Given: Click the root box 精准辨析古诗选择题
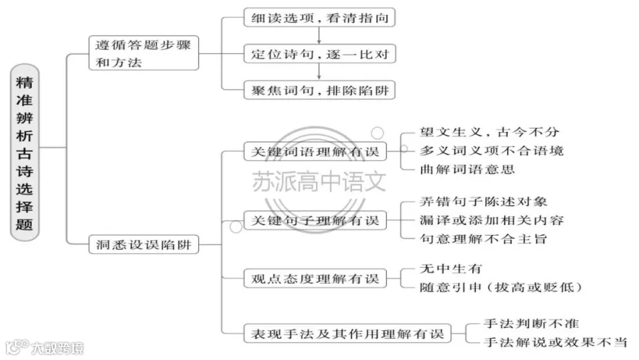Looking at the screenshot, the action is (x=24, y=152).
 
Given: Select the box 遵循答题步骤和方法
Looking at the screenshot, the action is (x=143, y=53).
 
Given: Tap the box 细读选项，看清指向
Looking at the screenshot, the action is (x=319, y=18).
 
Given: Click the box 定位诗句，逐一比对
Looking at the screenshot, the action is (x=319, y=53).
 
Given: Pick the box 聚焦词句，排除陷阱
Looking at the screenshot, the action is (x=319, y=89).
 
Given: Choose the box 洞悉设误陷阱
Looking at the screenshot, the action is (x=143, y=244).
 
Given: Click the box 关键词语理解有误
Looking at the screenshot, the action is (x=315, y=151).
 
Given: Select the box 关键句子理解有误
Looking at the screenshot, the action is (x=315, y=220).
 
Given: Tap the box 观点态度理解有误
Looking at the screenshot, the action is (x=315, y=278).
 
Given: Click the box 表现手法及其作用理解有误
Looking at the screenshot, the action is (x=347, y=334).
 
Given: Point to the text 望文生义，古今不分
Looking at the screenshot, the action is (x=489, y=132).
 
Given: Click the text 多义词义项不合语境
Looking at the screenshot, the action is (x=491, y=151).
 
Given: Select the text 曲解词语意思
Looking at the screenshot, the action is (x=467, y=169).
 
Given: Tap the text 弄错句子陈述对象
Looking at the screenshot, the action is (x=484, y=202).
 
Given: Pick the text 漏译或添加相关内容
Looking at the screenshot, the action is (x=491, y=220).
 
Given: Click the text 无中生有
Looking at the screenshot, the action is (x=451, y=268).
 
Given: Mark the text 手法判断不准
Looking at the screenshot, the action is (x=531, y=324).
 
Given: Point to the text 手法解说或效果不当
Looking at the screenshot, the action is (x=555, y=342).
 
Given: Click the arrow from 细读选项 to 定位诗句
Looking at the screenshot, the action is (x=319, y=36).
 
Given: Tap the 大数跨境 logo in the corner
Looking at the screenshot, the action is (x=45, y=347).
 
